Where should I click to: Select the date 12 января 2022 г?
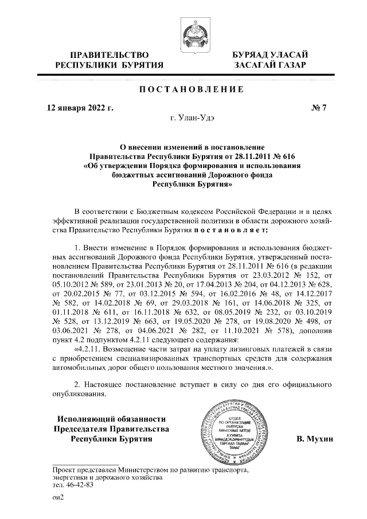[x=80, y=107]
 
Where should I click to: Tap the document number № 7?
[x=317, y=107]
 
